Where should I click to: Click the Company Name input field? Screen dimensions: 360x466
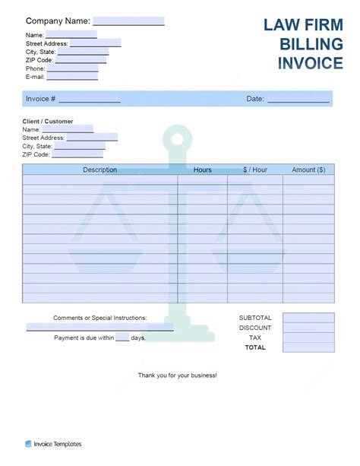point(128,21)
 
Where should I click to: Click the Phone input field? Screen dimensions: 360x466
point(72,68)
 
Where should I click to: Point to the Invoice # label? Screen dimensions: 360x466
point(40,99)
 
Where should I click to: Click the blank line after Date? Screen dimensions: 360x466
point(298,99)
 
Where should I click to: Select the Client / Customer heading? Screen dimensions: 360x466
point(47,121)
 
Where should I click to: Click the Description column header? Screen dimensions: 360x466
point(99,170)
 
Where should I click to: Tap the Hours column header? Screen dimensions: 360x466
point(202,170)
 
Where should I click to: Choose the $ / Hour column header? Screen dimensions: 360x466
point(255,170)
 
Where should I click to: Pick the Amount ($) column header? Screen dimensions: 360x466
point(308,170)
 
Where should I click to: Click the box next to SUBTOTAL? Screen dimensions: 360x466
point(308,318)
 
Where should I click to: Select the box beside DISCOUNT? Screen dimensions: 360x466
point(308,328)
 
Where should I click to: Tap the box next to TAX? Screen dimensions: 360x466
point(308,338)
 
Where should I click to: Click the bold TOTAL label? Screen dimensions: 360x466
point(255,347)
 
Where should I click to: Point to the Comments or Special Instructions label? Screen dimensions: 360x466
point(99,318)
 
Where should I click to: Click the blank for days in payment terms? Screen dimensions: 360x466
point(122,338)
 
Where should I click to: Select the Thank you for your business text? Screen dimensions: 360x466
point(177,376)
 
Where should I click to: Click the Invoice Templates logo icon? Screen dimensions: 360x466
point(28,444)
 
